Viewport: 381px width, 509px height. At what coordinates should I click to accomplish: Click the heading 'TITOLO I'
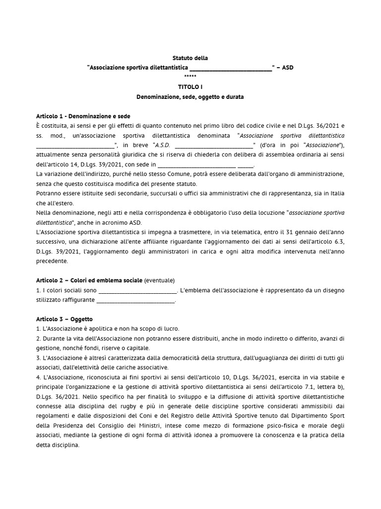coord(190,86)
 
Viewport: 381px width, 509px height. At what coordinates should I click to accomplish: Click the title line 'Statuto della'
coord(190,58)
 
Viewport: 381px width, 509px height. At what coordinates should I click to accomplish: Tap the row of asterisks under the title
coord(190,76)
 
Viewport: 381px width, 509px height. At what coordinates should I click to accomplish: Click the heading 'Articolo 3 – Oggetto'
coord(64,319)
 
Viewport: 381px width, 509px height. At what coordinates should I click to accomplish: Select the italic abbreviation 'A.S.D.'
coord(163,145)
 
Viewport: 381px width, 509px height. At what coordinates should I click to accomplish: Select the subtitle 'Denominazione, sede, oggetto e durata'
coord(190,96)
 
